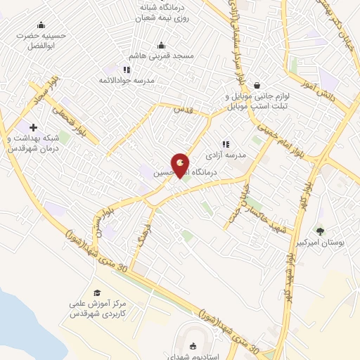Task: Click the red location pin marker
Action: coord(181,165)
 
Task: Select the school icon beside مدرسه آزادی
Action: coord(226,143)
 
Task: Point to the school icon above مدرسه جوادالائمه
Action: coord(127,70)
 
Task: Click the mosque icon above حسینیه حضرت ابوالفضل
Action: coord(41,25)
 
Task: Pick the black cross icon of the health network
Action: coord(33,127)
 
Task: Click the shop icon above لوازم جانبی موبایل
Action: coord(257,84)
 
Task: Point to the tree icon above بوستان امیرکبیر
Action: coord(321,230)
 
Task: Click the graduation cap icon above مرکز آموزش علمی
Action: coord(96,293)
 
